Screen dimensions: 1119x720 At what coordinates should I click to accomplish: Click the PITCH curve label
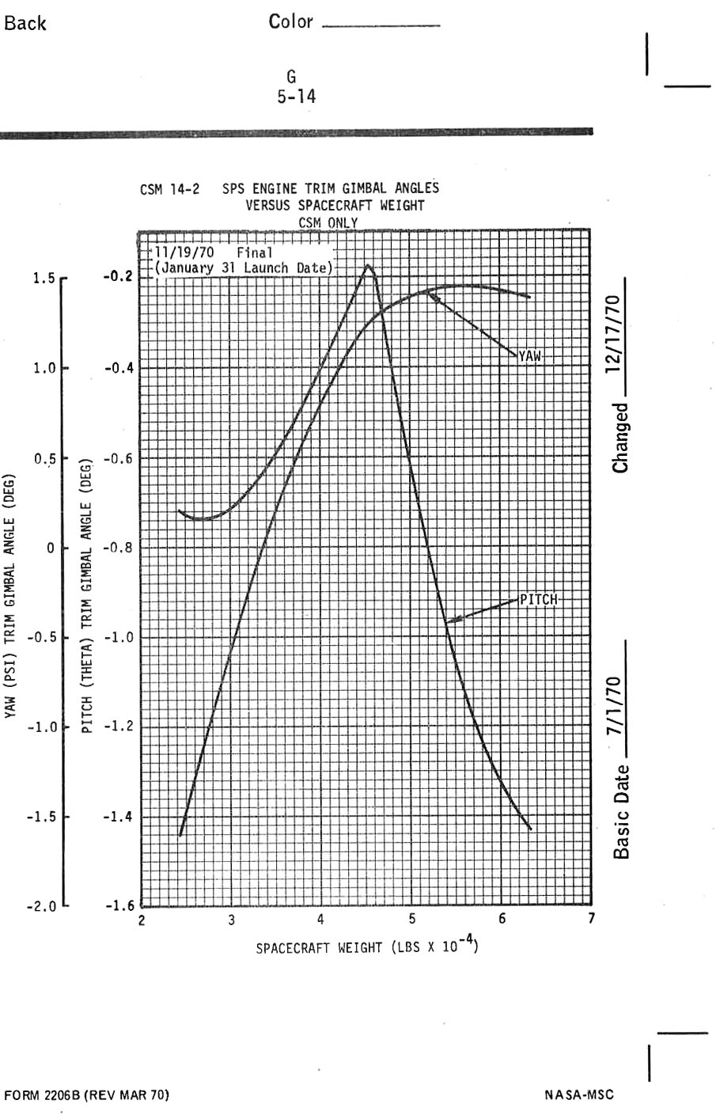539,597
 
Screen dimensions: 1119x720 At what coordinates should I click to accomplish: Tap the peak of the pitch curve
368,266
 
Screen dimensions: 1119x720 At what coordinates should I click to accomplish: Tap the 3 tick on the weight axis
231,920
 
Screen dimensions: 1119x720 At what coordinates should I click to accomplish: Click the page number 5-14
293,97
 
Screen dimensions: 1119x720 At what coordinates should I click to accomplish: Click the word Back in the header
25,24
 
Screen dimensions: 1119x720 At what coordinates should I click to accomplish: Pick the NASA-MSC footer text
579,1094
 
